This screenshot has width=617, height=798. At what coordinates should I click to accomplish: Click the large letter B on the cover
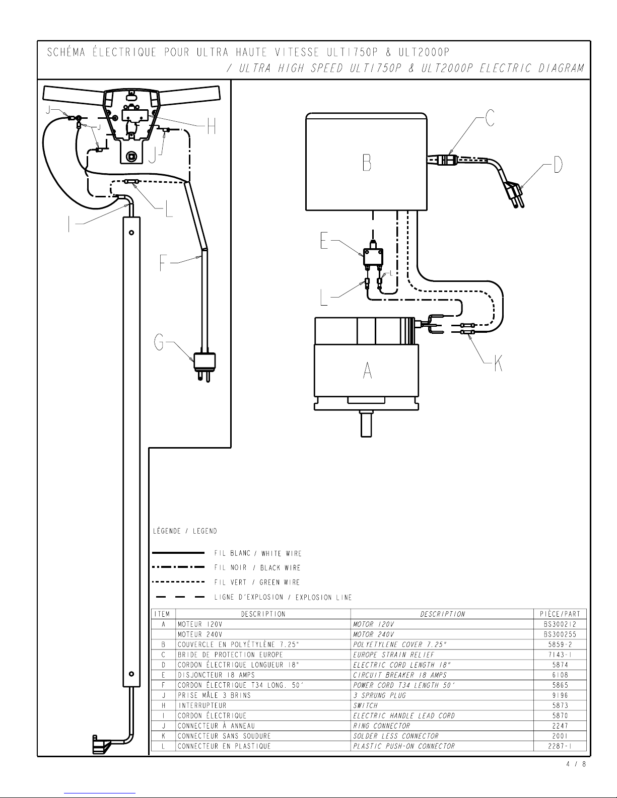pyautogui.click(x=367, y=163)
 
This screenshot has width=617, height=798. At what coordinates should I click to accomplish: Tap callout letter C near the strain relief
pyautogui.click(x=490, y=118)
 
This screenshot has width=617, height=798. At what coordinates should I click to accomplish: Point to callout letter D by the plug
pyautogui.click(x=558, y=164)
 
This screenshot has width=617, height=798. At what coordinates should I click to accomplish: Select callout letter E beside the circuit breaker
pyautogui.click(x=324, y=241)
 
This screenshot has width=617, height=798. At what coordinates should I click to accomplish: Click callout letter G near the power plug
pyautogui.click(x=159, y=342)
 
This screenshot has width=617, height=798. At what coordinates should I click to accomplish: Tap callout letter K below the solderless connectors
pyautogui.click(x=498, y=363)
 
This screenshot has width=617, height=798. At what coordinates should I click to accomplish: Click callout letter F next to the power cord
pyautogui.click(x=163, y=263)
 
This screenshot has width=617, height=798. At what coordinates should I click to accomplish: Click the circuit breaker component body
pyautogui.click(x=373, y=257)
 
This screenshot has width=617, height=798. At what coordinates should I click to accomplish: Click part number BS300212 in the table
pyautogui.click(x=560, y=624)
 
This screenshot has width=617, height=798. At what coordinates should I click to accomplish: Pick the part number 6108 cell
pyautogui.click(x=560, y=675)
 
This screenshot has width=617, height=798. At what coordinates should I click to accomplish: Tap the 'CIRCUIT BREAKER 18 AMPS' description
pyautogui.click(x=399, y=675)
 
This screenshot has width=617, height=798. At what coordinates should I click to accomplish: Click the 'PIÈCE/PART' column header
pyautogui.click(x=560, y=614)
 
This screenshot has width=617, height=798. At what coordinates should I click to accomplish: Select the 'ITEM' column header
pyautogui.click(x=162, y=614)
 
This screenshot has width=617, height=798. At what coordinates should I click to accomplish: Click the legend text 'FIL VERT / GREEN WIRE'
pyautogui.click(x=257, y=583)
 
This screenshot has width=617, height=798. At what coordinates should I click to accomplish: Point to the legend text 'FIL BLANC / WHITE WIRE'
pyautogui.click(x=258, y=553)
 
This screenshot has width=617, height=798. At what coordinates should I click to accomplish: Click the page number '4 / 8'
pyautogui.click(x=576, y=764)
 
